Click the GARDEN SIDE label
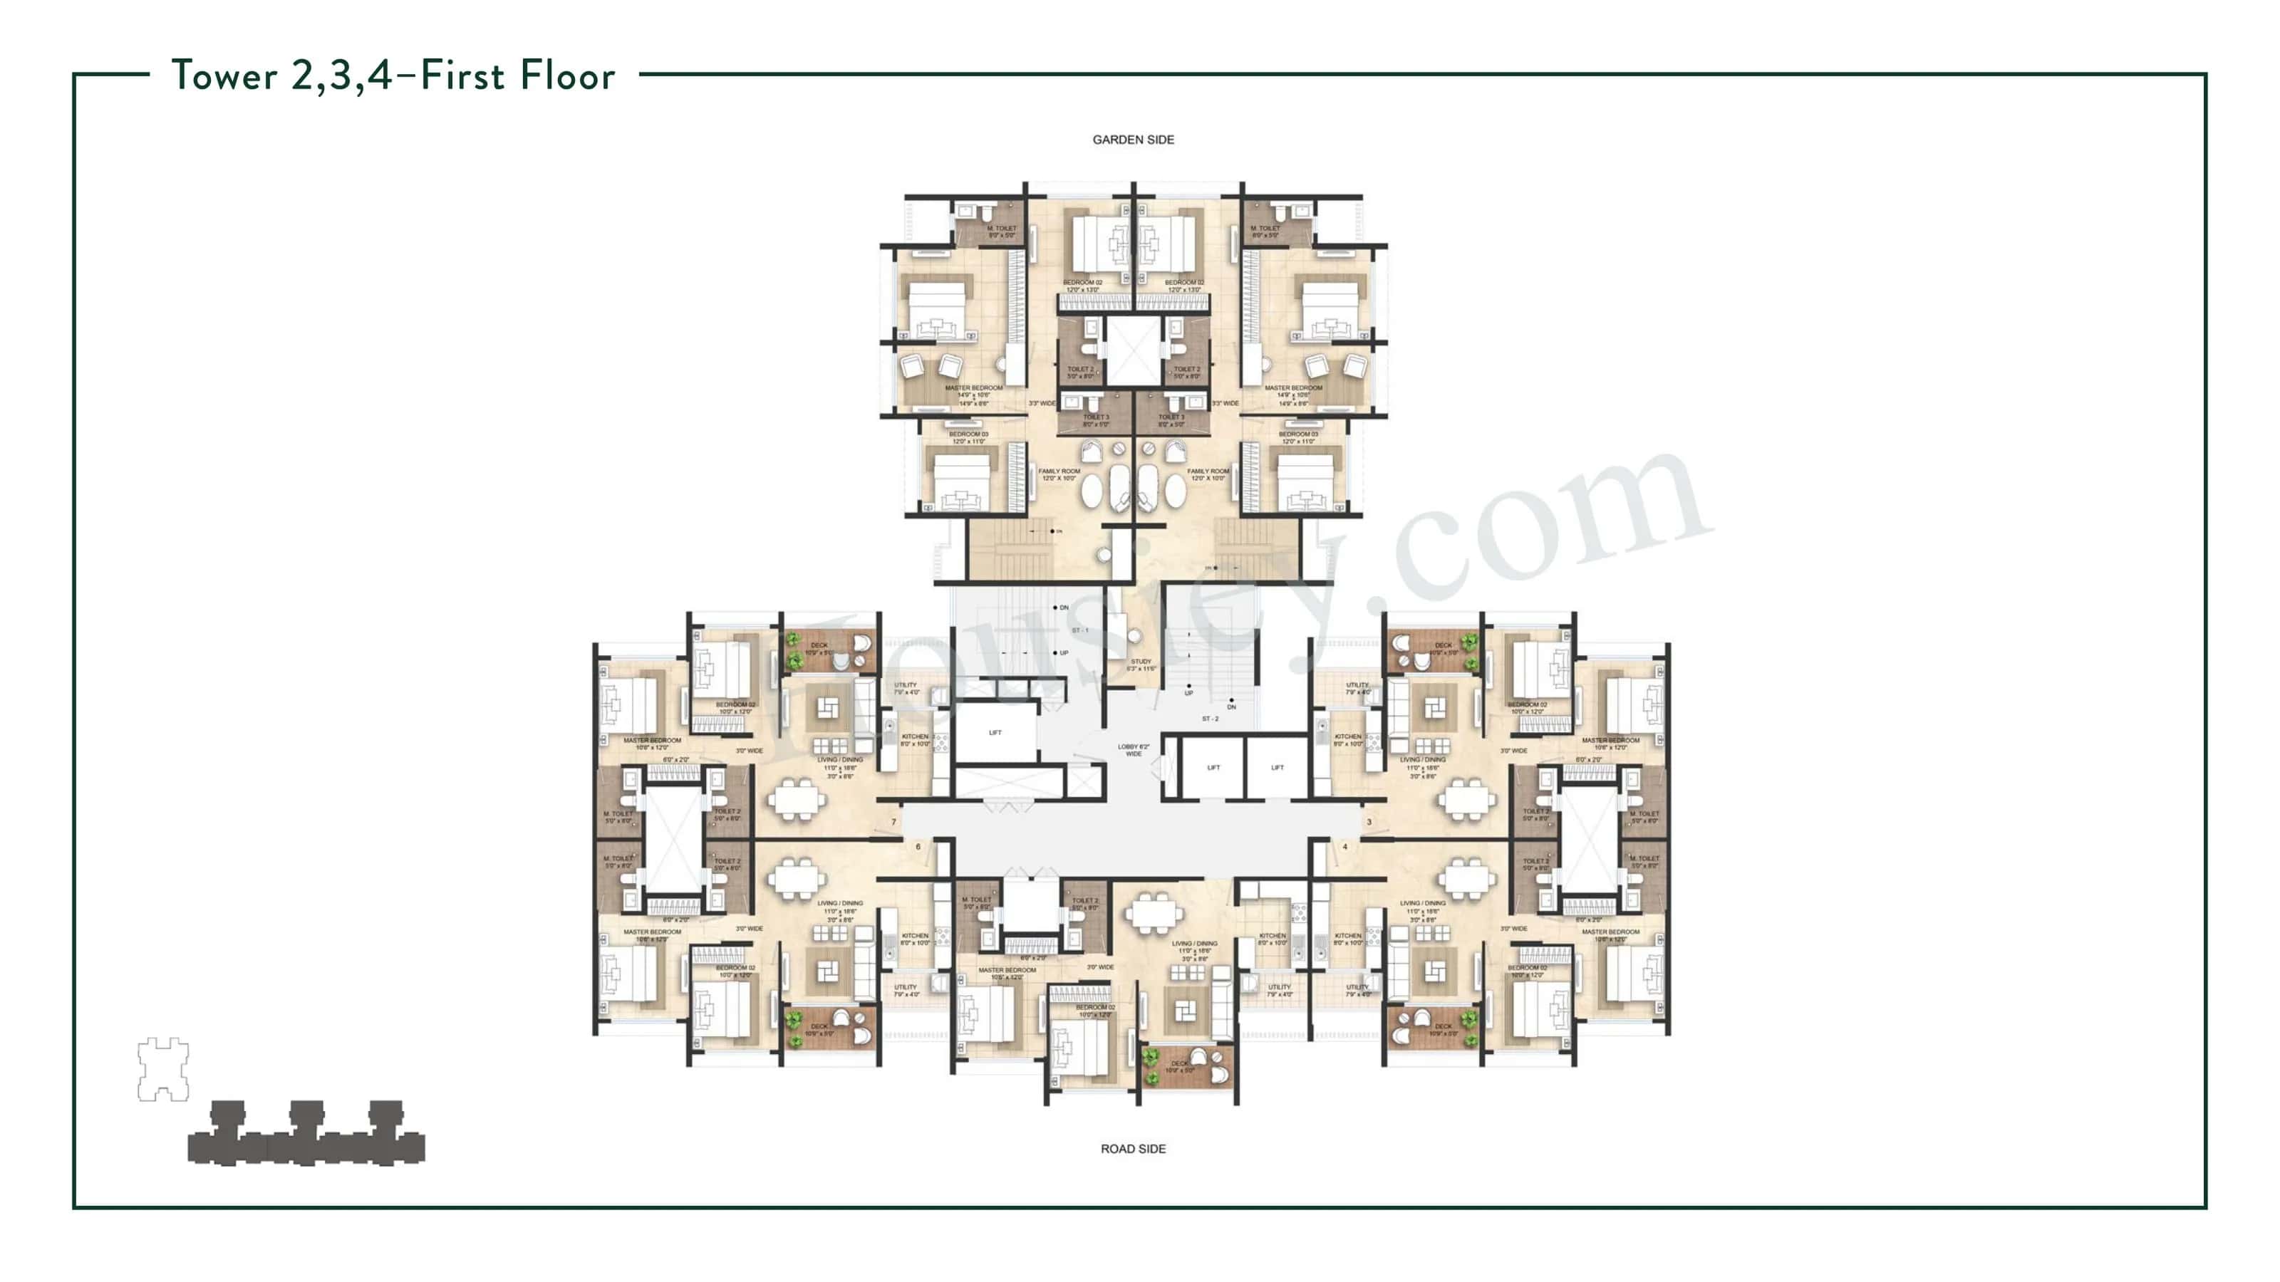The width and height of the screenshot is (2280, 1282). pyautogui.click(x=1133, y=140)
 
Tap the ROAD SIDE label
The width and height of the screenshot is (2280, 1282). pyautogui.click(x=1133, y=1148)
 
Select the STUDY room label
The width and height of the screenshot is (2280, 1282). pyautogui.click(x=1141, y=662)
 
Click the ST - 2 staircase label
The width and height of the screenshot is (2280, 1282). pyautogui.click(x=1210, y=719)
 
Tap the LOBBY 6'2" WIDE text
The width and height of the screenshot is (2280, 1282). pyautogui.click(x=1133, y=750)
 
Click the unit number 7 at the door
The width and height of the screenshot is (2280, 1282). pyautogui.click(x=894, y=822)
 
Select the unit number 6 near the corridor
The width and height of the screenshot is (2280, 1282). pyautogui.click(x=918, y=847)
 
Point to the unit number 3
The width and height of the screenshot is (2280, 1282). pyautogui.click(x=1369, y=822)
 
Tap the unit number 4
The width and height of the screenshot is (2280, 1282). pyautogui.click(x=1345, y=847)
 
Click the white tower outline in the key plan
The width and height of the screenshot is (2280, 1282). pyautogui.click(x=163, y=1070)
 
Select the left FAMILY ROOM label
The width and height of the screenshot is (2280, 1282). pyautogui.click(x=1059, y=474)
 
